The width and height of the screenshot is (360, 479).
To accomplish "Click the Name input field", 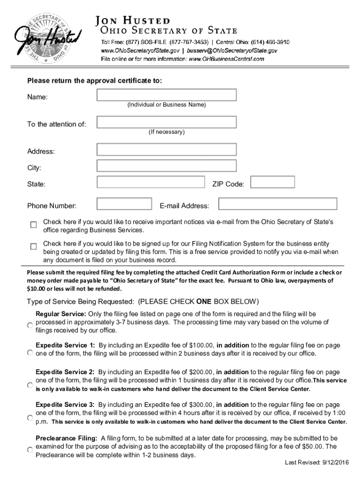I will click(166, 95).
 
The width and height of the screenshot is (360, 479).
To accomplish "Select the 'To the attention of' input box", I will click(166, 122).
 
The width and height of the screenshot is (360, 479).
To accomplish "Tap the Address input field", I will click(166, 150).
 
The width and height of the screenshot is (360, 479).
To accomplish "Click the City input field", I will click(166, 166).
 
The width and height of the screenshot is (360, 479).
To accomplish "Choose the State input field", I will click(151, 182).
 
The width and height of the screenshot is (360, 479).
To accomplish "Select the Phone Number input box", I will click(124, 204).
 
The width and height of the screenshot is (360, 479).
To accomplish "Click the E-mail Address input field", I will click(278, 204).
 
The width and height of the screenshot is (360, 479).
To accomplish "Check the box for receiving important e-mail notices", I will click(34, 225).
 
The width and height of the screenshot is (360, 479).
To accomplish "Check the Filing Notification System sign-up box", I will click(34, 246).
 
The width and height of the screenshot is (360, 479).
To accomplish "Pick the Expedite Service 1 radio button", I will click(29, 353).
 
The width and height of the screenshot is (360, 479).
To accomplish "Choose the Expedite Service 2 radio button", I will click(29, 385).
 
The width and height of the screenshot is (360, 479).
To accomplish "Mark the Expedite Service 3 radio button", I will click(29, 417).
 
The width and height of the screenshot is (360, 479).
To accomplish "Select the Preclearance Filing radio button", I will click(29, 449).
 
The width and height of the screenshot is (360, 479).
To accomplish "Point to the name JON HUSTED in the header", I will click(133, 21).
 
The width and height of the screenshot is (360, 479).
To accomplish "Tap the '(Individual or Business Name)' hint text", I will click(166, 105).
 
